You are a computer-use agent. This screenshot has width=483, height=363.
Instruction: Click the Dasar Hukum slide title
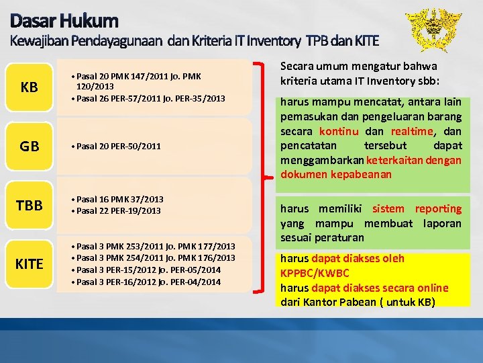point(64,21)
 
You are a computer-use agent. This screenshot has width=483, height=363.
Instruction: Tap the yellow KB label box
point(29,88)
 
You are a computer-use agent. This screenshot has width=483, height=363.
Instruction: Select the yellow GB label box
point(29,146)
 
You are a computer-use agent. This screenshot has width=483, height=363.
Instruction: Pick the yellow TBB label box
point(29,205)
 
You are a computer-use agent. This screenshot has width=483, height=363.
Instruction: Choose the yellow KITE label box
point(29,264)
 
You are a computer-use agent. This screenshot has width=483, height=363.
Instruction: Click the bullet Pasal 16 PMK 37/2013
point(119,199)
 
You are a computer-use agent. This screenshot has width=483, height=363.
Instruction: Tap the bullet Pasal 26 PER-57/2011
point(150,99)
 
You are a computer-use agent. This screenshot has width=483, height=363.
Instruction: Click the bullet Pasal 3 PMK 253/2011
point(155,246)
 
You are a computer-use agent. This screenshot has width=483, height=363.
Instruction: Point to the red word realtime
point(414,131)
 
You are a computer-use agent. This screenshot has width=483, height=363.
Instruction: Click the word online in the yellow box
point(433,287)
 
